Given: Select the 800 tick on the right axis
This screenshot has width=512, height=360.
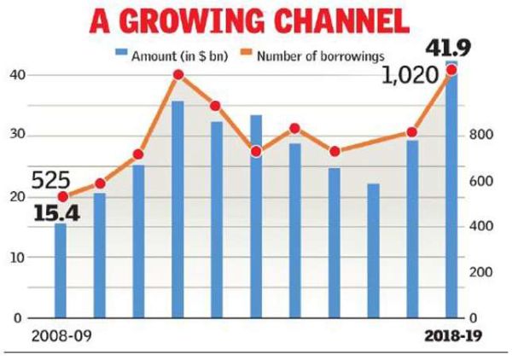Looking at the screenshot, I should pyautogui.click(x=482, y=136).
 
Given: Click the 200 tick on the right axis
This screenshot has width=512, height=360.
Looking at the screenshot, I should pyautogui.click(x=482, y=272).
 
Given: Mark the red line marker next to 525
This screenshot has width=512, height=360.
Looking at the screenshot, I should pyautogui.click(x=61, y=197).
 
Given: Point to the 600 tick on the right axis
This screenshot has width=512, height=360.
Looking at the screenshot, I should pyautogui.click(x=482, y=182).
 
